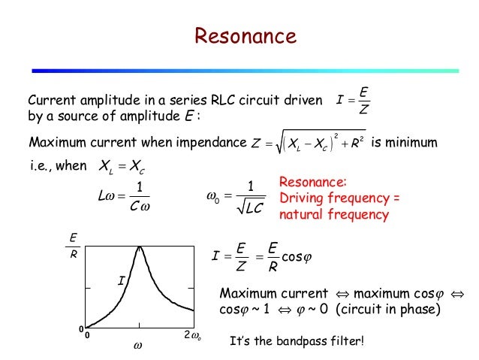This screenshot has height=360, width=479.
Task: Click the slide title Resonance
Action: [246, 35]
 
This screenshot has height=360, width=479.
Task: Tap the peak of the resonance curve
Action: [139, 249]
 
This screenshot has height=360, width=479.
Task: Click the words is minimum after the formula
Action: [409, 142]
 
